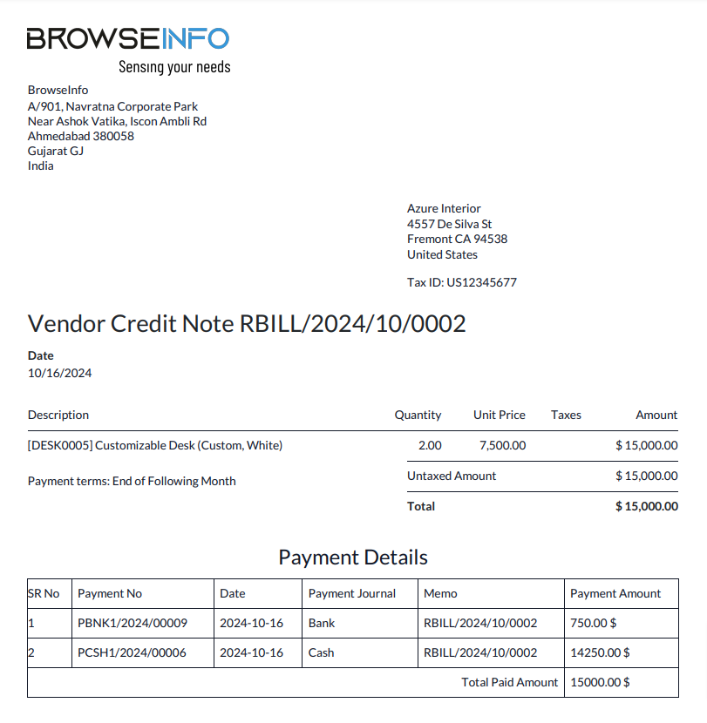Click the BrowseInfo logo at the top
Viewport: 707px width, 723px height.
127,38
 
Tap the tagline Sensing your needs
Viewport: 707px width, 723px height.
174,67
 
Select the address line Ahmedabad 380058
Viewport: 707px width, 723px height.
81,136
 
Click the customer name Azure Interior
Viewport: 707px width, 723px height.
444,209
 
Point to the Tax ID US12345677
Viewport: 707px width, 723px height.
462,282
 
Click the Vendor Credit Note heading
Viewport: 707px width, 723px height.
247,324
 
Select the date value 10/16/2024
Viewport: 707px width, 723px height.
60,373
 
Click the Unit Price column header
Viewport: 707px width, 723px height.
500,415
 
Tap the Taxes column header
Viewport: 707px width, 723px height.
566,415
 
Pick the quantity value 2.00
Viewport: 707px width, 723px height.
430,445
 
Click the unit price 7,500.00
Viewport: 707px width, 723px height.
503,445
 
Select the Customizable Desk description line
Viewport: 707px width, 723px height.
155,445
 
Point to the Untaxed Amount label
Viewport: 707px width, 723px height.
452,476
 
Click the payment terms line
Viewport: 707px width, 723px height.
132,481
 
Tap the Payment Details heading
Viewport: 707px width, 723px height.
353,557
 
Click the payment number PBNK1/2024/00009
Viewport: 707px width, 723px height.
133,623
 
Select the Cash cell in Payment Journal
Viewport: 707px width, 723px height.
321,652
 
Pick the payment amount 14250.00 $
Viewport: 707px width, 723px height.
600,652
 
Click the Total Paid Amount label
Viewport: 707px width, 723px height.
509,682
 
